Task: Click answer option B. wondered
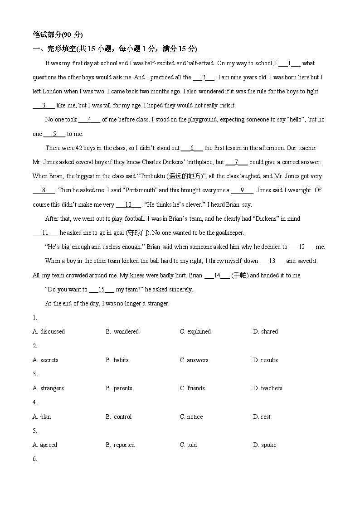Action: tap(122, 332)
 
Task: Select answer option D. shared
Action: tap(266, 332)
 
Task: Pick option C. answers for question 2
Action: tap(194, 360)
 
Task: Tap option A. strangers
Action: tap(48, 388)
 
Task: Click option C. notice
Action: tap(191, 417)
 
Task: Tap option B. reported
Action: tap(120, 445)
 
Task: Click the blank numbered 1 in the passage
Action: tap(289, 63)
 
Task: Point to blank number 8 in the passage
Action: tap(44, 190)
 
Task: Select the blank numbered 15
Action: tap(102, 290)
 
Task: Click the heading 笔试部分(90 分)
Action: tap(58, 35)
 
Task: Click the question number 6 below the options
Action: tap(34, 459)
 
